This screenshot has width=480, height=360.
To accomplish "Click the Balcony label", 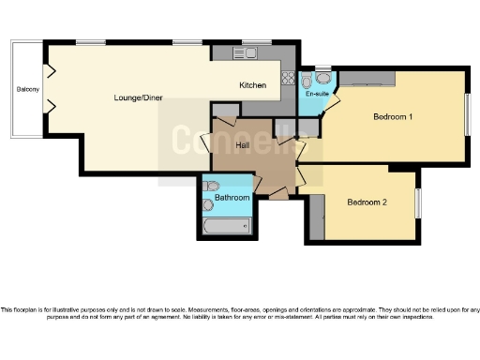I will pyautogui.click(x=27, y=90).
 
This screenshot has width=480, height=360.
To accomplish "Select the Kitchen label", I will pyautogui.click(x=253, y=85).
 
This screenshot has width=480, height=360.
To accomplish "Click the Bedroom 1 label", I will pyautogui.click(x=393, y=116).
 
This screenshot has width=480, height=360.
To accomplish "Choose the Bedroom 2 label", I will pyautogui.click(x=368, y=202).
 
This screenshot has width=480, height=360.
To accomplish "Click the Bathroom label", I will pyautogui.click(x=232, y=199).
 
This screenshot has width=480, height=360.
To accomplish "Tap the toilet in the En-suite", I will pyautogui.click(x=322, y=78).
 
